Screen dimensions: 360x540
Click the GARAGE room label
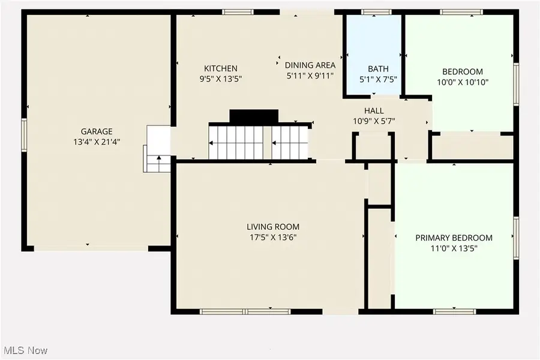(x=97, y=131)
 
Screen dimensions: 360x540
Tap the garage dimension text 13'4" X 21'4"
(x=97, y=142)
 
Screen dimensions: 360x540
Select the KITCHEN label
(x=220, y=68)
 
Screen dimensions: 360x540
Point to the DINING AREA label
(x=310, y=65)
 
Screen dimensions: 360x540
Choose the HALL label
(x=374, y=111)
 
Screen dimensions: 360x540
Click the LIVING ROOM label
(x=272, y=227)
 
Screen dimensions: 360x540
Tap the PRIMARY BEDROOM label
(x=454, y=238)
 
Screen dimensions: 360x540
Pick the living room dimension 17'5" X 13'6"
(x=272, y=237)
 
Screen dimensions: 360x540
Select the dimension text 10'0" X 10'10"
(x=463, y=82)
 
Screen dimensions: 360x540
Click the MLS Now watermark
(x=25, y=350)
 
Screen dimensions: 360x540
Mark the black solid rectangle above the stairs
(x=254, y=116)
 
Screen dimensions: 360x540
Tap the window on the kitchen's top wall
(x=238, y=12)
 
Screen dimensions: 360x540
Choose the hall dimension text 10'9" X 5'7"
(x=374, y=121)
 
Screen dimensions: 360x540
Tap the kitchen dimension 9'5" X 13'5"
(x=220, y=79)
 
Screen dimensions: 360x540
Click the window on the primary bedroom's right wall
(x=515, y=238)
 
